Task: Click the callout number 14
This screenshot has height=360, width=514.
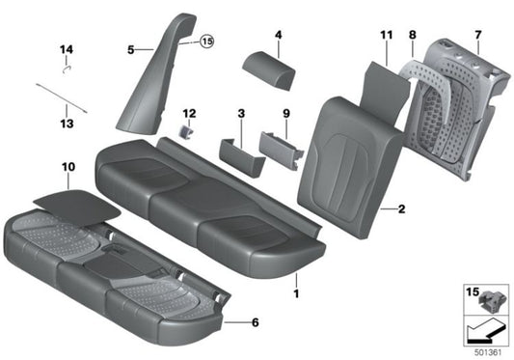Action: pyautogui.click(x=66, y=48)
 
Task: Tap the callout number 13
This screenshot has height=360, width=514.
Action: pyautogui.click(x=66, y=124)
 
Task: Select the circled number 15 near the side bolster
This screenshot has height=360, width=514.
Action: pyautogui.click(x=205, y=42)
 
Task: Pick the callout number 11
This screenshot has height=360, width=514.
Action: pyautogui.click(x=386, y=36)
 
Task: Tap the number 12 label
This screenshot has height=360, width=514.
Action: pyautogui.click(x=189, y=113)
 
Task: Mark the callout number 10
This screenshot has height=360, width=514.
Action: pyautogui.click(x=67, y=168)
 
